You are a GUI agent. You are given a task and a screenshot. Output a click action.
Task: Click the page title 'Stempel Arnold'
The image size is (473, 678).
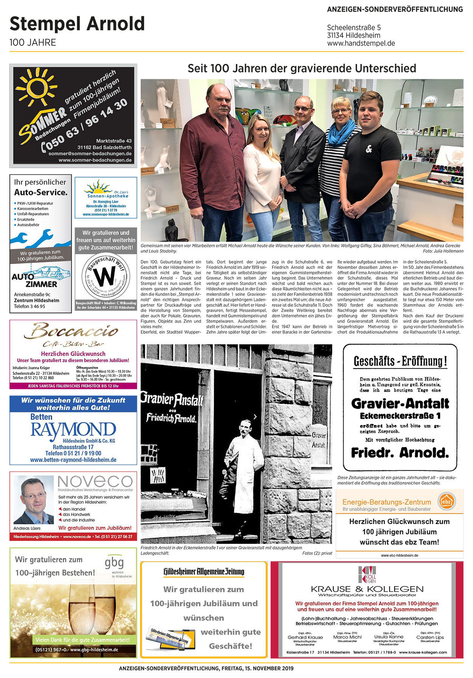77,24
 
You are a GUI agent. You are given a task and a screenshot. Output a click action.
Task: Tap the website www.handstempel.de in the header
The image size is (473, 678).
361,43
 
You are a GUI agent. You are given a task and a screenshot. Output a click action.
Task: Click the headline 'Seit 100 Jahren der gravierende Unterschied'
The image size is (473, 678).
302,68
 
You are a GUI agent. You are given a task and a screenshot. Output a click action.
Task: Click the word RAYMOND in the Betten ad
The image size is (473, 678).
73,430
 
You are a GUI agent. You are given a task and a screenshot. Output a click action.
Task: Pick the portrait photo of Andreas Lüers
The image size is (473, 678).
33,500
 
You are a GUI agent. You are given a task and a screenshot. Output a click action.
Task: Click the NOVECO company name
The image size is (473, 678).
95,481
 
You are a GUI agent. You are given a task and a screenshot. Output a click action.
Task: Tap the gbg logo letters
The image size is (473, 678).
114,562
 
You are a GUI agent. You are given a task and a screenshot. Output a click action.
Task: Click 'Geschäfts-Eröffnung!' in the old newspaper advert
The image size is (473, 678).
400,361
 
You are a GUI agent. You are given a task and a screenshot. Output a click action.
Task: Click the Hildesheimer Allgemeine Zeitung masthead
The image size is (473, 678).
204,572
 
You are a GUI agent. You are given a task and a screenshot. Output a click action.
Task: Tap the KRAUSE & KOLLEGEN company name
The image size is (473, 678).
367,589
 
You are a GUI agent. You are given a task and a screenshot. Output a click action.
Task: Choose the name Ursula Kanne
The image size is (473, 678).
389,637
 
